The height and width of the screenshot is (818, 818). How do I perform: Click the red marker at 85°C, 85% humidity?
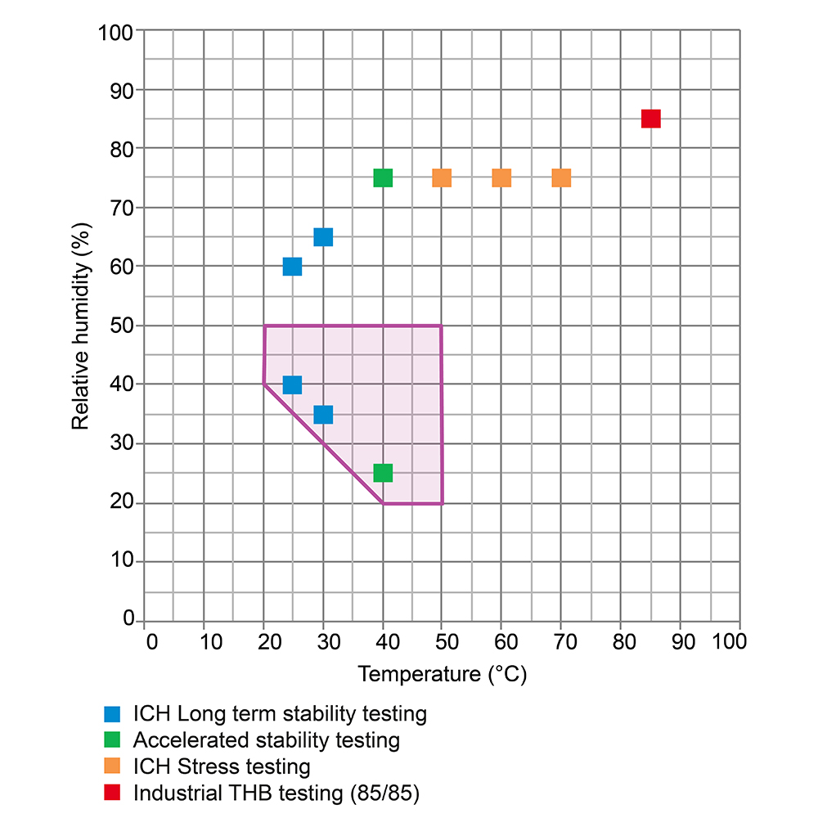[650, 119]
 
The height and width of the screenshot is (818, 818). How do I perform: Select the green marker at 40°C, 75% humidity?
[383, 178]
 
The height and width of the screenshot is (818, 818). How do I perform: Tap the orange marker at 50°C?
[442, 178]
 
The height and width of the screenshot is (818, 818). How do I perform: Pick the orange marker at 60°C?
[501, 178]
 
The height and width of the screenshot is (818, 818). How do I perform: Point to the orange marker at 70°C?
[561, 178]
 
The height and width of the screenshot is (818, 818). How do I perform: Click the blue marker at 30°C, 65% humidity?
[323, 237]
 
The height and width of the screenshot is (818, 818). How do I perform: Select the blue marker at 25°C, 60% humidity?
[292, 267]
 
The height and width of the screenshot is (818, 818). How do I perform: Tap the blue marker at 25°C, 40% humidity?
[292, 384]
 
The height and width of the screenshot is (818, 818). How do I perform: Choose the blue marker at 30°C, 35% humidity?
[323, 415]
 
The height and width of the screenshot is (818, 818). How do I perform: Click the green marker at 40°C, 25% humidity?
[383, 473]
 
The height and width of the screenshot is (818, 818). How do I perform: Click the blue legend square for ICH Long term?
[113, 713]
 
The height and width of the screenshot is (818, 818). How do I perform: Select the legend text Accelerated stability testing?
[266, 740]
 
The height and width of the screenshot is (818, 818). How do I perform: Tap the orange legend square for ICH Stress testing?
[113, 766]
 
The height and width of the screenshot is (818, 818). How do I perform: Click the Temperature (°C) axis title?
[442, 674]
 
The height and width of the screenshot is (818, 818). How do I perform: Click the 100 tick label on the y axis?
[115, 33]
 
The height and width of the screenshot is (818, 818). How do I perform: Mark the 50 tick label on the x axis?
[446, 640]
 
